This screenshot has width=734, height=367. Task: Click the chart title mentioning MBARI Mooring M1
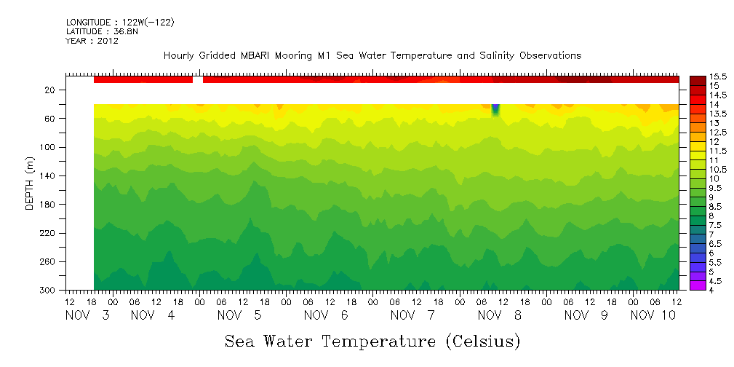[372, 56]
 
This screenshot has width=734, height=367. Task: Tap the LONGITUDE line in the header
[120, 23]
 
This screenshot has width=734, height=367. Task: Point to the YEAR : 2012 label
[92, 41]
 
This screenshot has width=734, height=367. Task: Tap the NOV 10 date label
[653, 316]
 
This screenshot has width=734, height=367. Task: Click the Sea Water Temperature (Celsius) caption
[372, 341]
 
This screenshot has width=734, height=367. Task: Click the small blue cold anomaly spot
[495, 109]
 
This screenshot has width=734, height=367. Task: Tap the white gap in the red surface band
[198, 79]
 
